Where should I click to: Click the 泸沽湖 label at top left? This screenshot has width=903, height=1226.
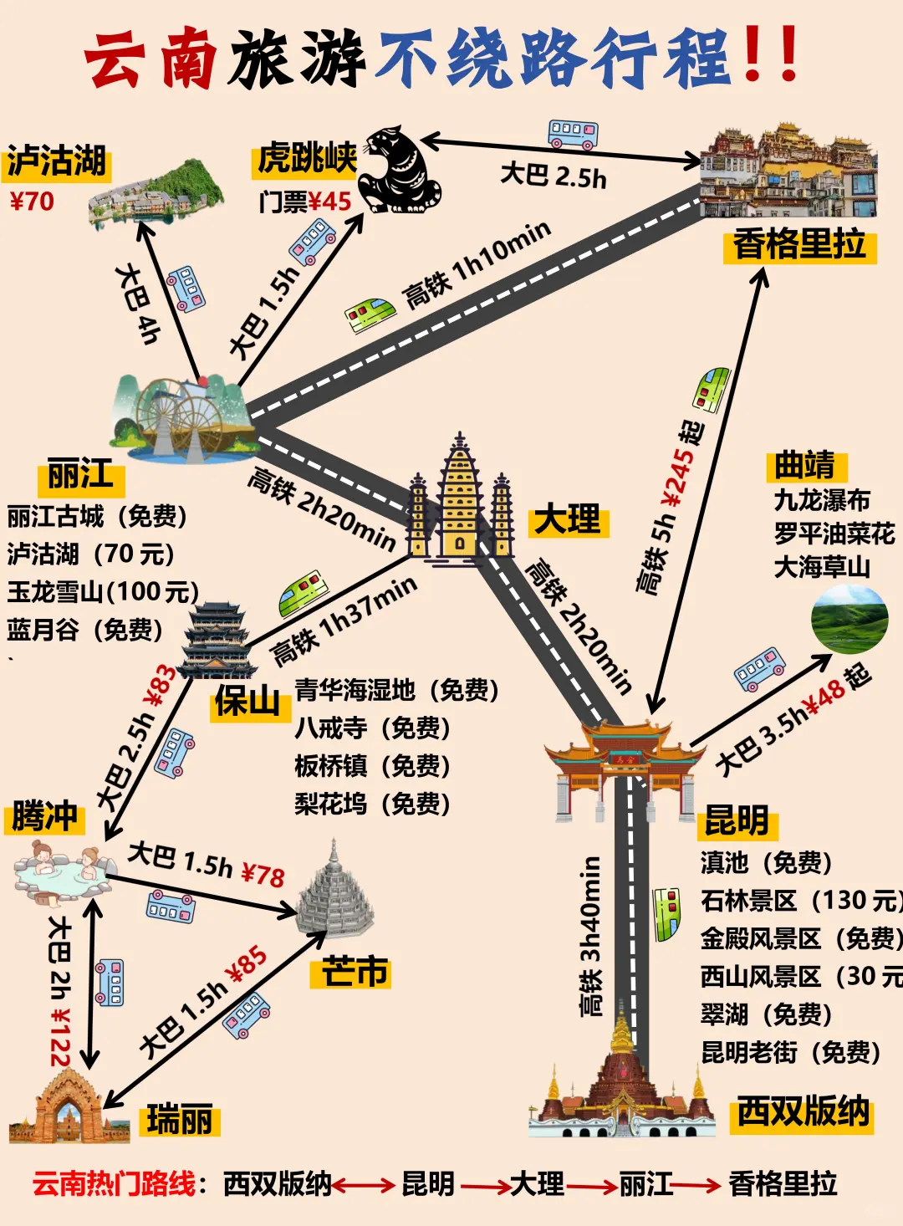point(57,161)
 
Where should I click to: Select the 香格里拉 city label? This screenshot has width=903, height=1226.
point(799,246)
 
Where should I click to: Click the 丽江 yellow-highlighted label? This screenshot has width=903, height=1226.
point(80,477)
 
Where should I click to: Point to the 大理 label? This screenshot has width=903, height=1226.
point(568,520)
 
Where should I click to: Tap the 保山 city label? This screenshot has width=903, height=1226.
point(248,702)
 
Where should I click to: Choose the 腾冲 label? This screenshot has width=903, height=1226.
point(45,815)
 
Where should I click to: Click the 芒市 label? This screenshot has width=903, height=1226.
point(355,972)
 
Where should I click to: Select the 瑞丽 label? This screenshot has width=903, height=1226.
point(180,1119)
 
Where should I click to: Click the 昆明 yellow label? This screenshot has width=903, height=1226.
point(737,821)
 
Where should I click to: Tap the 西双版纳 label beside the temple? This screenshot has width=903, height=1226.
point(803,1112)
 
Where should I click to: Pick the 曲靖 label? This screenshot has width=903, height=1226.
point(804,464)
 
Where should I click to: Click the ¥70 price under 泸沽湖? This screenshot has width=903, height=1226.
point(32,202)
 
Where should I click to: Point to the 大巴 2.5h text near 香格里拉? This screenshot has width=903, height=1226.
point(553,175)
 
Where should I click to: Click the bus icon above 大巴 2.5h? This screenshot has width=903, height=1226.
point(573,134)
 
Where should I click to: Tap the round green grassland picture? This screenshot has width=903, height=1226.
point(849,620)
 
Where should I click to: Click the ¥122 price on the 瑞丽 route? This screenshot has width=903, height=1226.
point(60,1037)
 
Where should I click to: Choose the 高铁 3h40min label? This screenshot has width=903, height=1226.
point(592,936)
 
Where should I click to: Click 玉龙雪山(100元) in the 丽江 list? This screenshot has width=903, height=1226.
point(103,592)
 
